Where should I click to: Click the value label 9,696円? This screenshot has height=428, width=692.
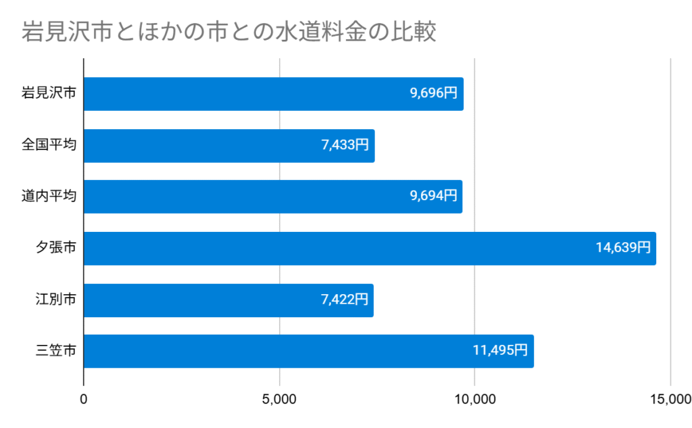click(434, 94)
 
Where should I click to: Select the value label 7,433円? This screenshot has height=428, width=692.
click(345, 145)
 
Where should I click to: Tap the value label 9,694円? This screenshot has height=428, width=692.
click(432, 197)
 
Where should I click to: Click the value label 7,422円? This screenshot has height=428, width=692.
click(344, 300)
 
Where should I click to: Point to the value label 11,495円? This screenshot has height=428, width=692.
click(500, 351)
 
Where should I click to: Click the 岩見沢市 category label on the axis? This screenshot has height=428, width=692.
click(48, 94)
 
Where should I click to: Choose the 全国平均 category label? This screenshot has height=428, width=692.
click(48, 145)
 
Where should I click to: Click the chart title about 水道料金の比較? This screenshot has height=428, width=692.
click(229, 32)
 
